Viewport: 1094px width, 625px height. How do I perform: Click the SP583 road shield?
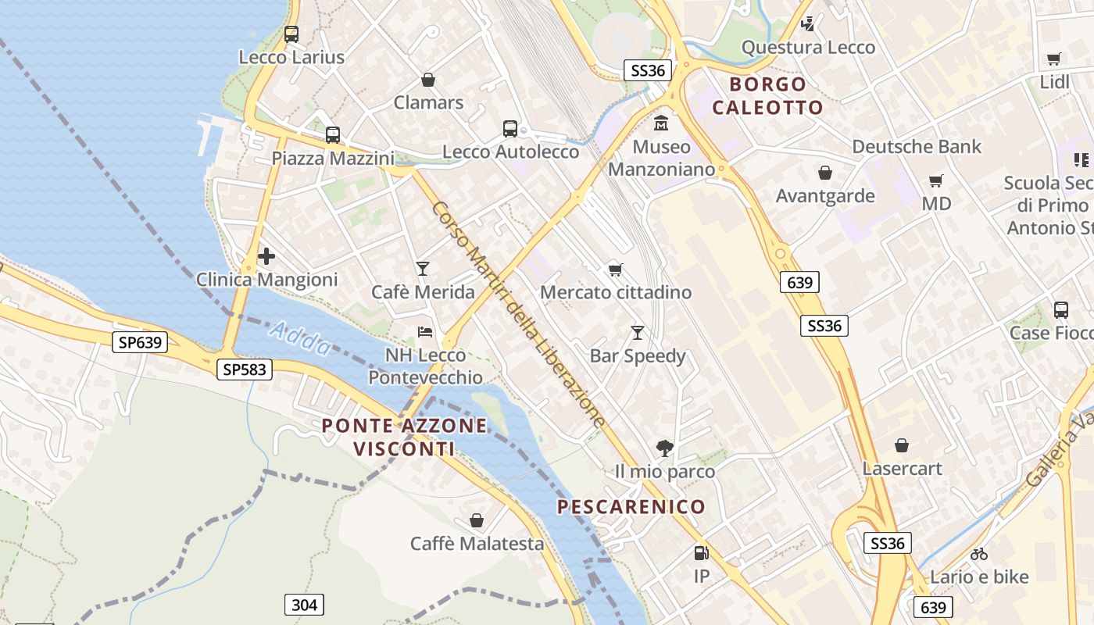coord(245,370)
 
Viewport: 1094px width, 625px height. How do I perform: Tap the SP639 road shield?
coord(140,342)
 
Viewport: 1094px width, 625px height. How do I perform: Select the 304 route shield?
coord(304,604)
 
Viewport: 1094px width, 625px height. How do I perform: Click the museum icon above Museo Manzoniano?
coord(662,123)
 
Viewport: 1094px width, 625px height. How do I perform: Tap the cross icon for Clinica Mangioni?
coord(266,256)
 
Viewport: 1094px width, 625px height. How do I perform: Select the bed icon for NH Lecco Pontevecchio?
coord(425,332)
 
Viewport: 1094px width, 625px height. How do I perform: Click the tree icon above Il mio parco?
coord(665,448)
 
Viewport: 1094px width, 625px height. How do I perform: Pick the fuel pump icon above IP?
coord(702,553)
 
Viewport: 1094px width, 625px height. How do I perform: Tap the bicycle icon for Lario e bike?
coord(979,554)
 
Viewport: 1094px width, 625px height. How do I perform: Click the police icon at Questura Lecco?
coord(808,24)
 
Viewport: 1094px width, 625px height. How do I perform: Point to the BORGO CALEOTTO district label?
coord(767,95)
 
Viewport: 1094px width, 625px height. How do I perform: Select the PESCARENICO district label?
coord(631,506)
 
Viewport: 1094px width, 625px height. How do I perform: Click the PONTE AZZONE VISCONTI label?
coord(404,437)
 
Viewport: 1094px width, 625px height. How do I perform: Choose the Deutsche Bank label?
coord(917,146)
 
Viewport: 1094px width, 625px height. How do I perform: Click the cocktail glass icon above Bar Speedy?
coord(638,333)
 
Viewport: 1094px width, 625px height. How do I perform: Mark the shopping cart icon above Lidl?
coord(1054,59)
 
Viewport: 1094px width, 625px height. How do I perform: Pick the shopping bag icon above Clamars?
coord(428,80)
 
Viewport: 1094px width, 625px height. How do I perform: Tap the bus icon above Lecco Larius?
coord(291,34)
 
